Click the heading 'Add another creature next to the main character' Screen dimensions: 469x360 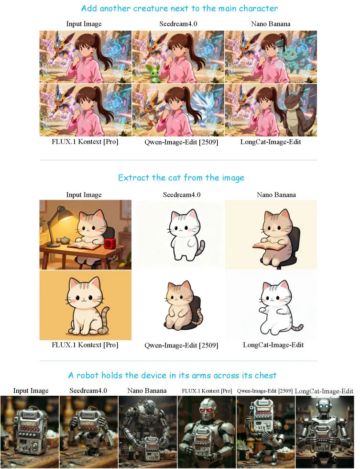coord(179,9)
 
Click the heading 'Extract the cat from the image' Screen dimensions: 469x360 coord(181,178)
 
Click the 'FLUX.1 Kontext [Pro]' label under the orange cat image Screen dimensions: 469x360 coord(85,345)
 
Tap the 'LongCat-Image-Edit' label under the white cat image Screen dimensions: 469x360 coord(273,345)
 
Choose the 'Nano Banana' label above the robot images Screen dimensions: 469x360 coord(147,391)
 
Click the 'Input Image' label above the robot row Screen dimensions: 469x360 coord(31,391)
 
